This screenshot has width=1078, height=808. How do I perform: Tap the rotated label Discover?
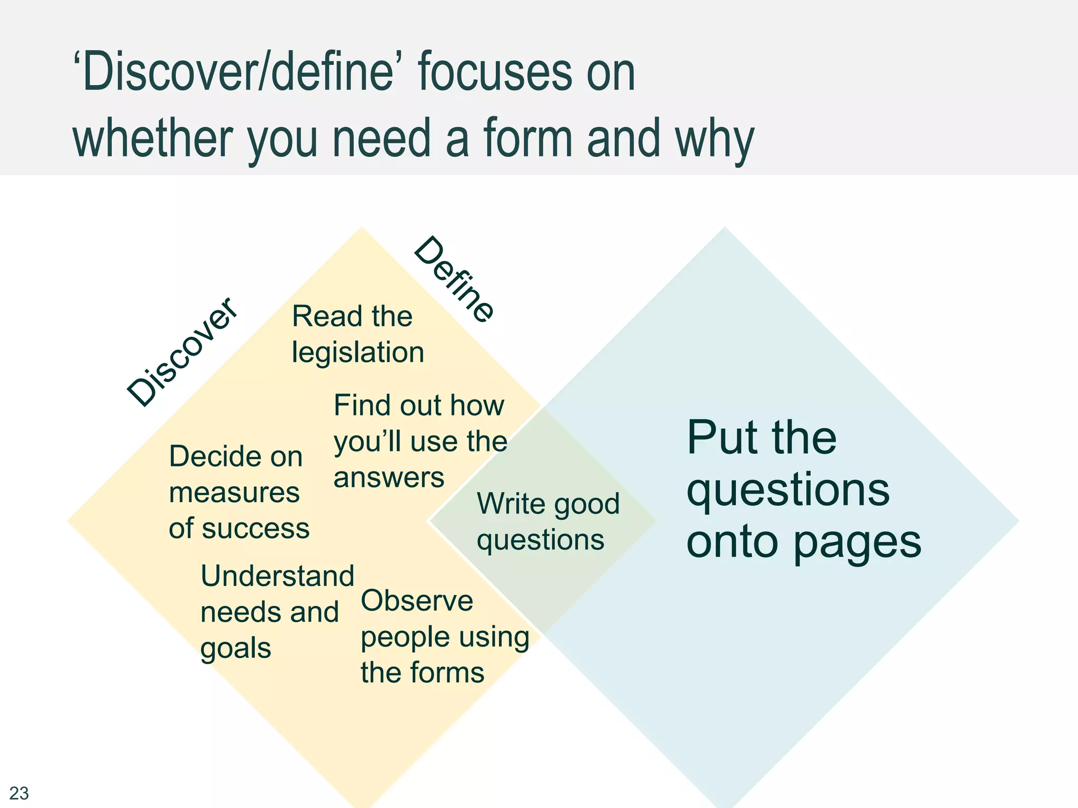tap(182, 351)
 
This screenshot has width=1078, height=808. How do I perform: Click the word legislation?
tap(358, 352)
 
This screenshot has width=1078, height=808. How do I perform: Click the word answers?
tap(388, 478)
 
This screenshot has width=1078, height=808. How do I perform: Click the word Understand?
tap(277, 575)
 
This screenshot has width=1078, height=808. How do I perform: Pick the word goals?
tap(235, 648)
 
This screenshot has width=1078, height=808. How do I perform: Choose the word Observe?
tap(417, 601)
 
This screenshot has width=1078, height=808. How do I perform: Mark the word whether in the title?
tap(153, 138)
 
